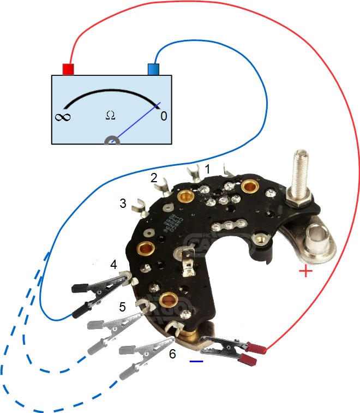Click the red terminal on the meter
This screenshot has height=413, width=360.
68,69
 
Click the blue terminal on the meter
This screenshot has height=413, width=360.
153,69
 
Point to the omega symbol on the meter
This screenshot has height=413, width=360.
110,115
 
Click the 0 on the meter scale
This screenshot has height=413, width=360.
163,116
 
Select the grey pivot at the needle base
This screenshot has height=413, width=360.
112,141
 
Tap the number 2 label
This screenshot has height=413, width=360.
154,178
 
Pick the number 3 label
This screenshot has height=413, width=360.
123,203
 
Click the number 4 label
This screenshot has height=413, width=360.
113,265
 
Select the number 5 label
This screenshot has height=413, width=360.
123,307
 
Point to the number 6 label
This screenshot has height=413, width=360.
172,354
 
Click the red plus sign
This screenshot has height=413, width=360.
306,272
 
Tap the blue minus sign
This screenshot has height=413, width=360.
196,361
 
